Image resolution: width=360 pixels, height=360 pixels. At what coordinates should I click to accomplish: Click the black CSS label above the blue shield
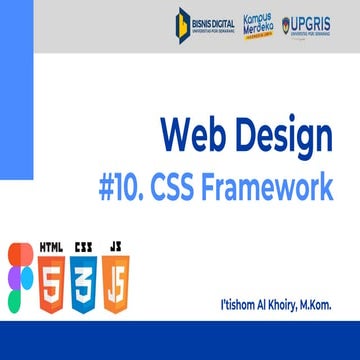(86, 245)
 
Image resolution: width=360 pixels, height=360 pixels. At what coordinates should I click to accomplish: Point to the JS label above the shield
(117, 245)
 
